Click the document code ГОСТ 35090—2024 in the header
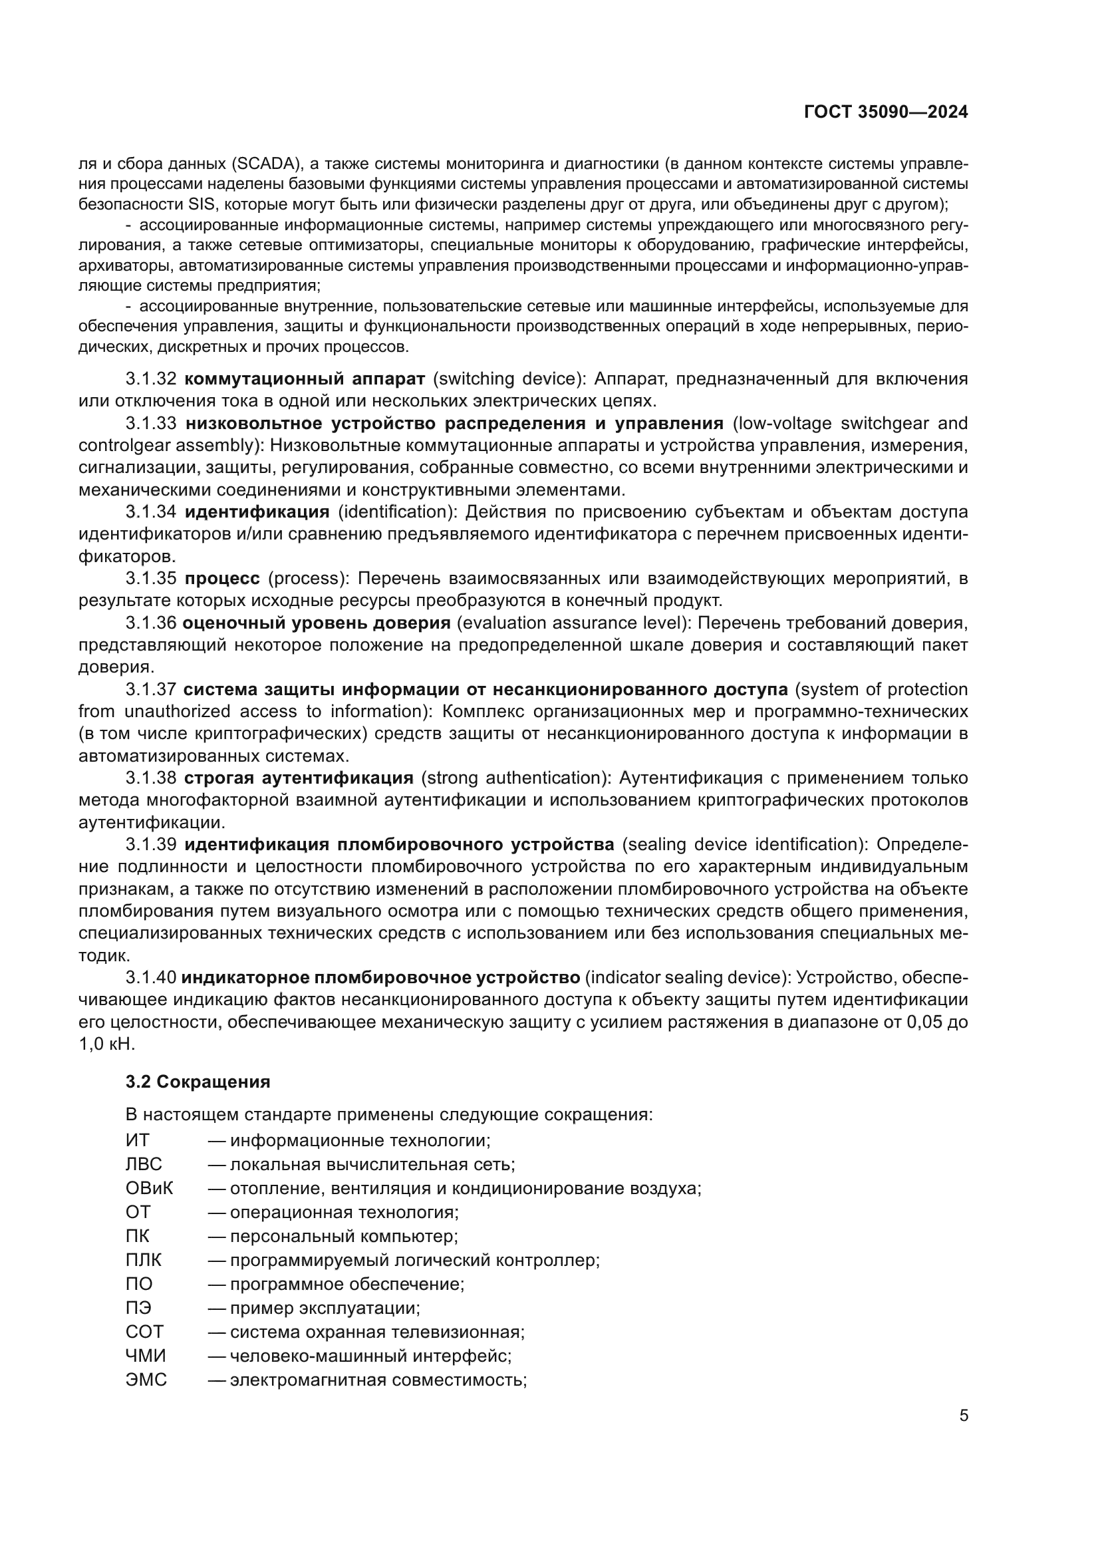(885, 112)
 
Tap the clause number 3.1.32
(150, 378)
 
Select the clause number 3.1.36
(150, 623)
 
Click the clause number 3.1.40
(150, 977)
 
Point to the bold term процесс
(222, 578)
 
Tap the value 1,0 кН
(107, 1044)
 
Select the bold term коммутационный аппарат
(305, 378)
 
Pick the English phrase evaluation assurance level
(573, 623)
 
